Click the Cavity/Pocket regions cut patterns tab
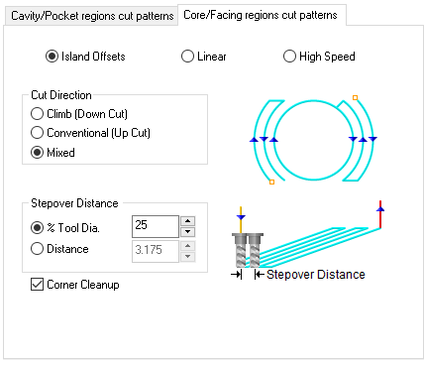90,16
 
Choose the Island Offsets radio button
53,57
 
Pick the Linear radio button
187,57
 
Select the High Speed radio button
290,57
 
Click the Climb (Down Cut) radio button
39,114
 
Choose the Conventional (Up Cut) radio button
39,132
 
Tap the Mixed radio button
39,153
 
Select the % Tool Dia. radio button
39,227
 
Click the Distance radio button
39,249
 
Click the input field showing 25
154,227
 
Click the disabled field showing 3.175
154,249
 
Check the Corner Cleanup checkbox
39,285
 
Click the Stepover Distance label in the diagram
316,274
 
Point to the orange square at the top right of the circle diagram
356,97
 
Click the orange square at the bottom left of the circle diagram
270,183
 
